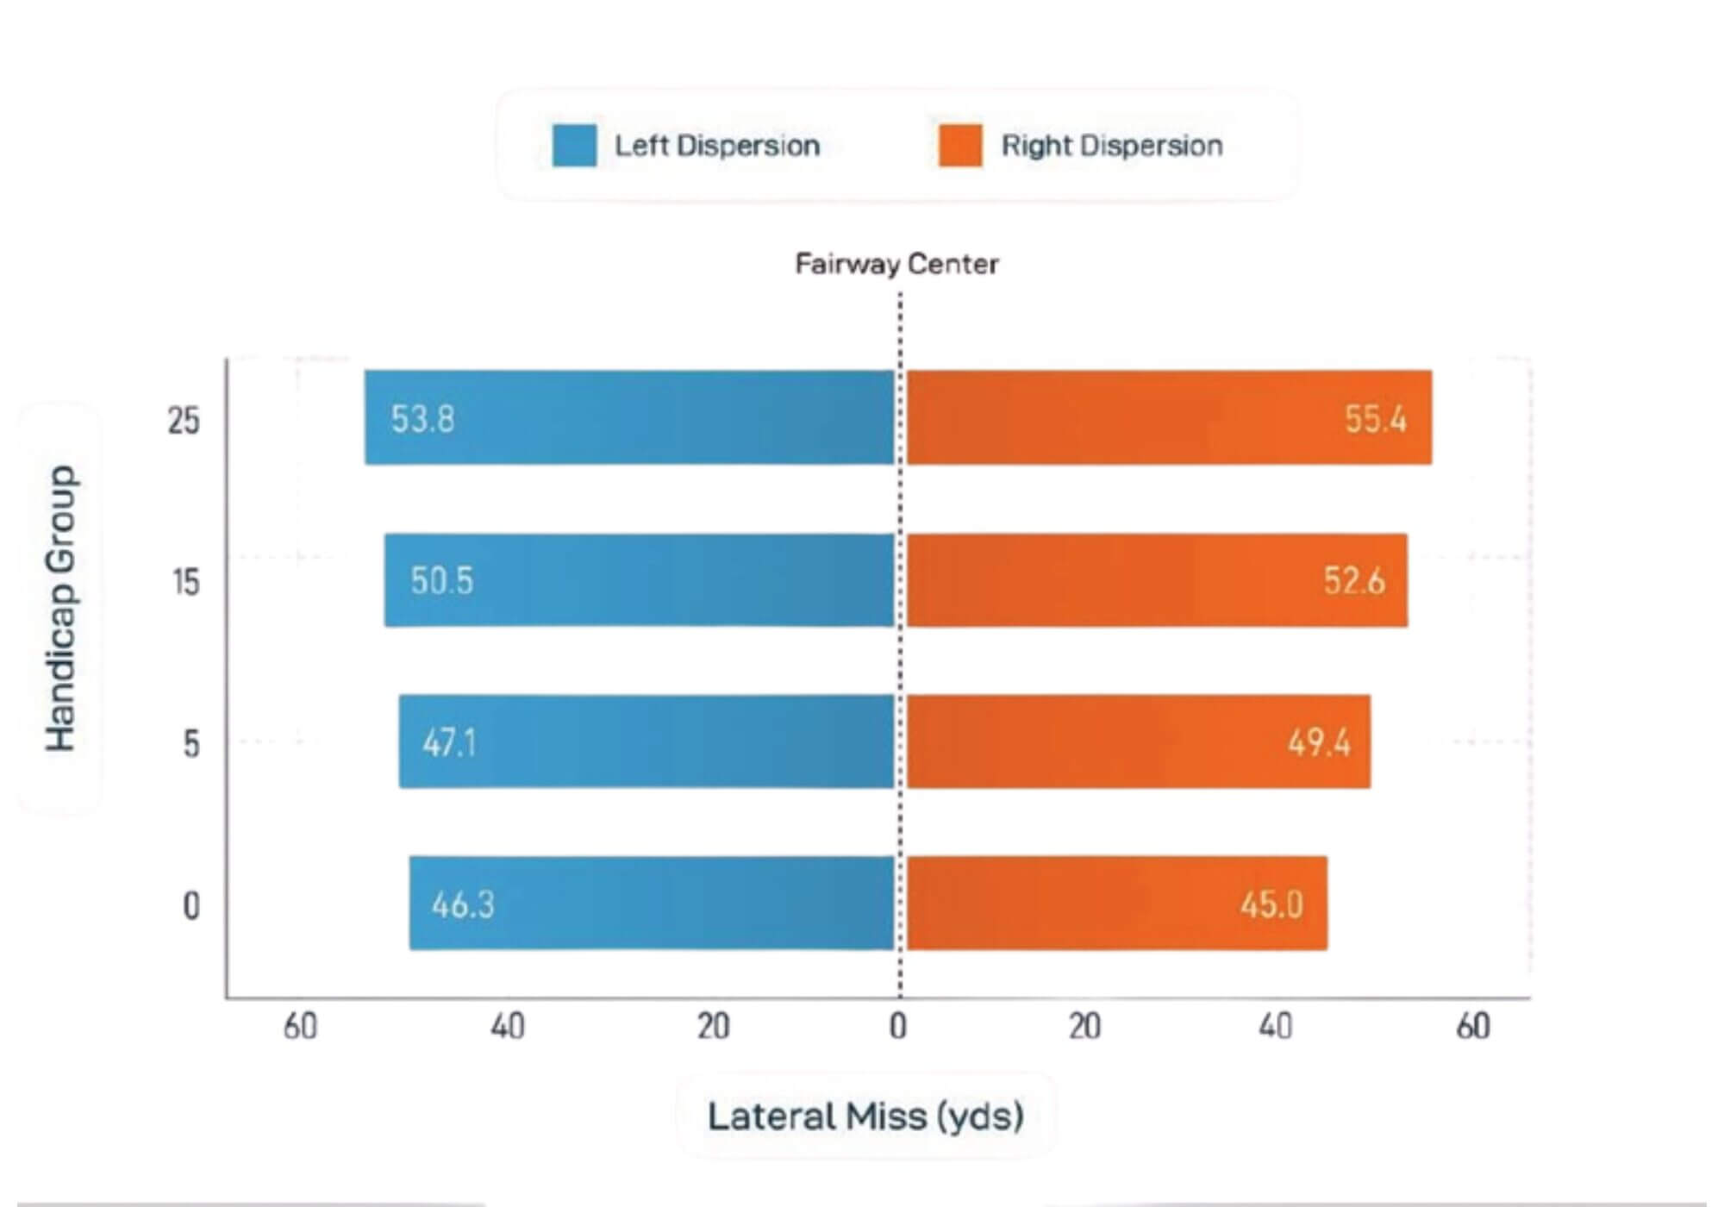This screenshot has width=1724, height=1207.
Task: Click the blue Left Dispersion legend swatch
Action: click(x=574, y=145)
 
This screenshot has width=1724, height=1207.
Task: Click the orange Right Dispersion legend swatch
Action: click(x=960, y=145)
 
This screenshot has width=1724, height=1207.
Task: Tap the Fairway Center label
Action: click(x=896, y=264)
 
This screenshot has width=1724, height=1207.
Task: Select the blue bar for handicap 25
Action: click(x=629, y=418)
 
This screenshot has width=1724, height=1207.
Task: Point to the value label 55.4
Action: click(x=1376, y=419)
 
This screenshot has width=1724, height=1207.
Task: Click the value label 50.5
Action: click(x=441, y=581)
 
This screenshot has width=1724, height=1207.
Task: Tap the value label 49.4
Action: click(x=1319, y=742)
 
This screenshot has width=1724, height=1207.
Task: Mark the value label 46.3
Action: click(x=463, y=904)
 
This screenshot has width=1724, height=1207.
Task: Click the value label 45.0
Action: click(x=1271, y=904)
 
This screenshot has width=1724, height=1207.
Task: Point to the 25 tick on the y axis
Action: click(x=184, y=421)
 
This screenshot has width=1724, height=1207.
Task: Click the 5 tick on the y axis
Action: click(x=191, y=743)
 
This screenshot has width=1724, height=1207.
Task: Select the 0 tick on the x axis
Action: click(x=898, y=1026)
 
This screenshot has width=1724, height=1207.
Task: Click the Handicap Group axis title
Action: click(x=60, y=609)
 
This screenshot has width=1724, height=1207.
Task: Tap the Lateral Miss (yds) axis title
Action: click(x=865, y=1116)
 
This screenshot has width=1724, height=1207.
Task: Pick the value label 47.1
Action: click(x=449, y=742)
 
